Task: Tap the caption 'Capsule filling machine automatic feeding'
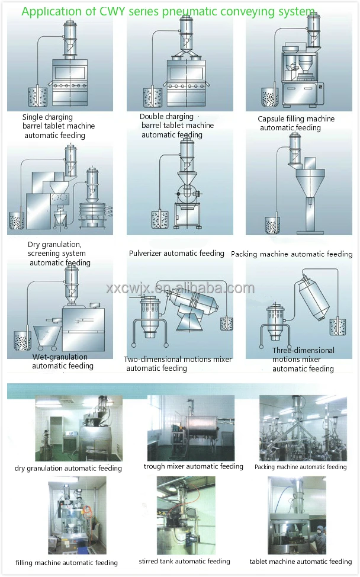[x=296, y=123]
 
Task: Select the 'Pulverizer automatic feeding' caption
[x=176, y=254]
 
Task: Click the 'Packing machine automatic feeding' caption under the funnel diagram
[x=291, y=254]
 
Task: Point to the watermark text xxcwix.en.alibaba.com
[x=180, y=288]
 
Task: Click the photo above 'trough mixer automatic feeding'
[x=191, y=428]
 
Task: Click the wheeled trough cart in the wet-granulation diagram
[x=47, y=336]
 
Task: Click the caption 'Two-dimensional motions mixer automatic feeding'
[x=177, y=364]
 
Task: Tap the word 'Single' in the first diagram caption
[x=33, y=117]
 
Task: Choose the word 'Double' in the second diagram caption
[x=152, y=117]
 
